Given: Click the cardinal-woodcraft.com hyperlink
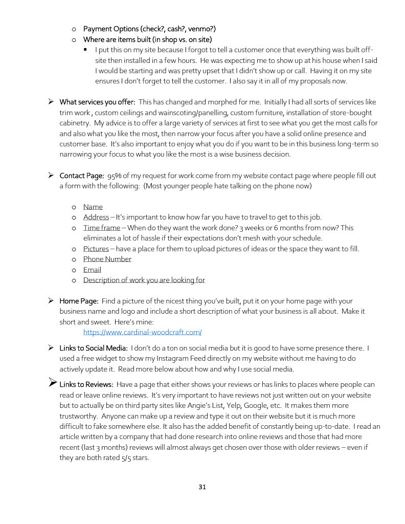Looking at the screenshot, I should [142, 332].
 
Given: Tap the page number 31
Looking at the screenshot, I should [202, 487].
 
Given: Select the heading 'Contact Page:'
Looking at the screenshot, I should [82, 176].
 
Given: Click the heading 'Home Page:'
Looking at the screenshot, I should [79, 301].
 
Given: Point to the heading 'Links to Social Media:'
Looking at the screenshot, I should [93, 348].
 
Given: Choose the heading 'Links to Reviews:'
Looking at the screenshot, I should [86, 384].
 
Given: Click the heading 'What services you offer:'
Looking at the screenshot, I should [97, 102].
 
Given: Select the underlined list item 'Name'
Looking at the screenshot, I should [93, 207].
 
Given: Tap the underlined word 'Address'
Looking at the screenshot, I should [96, 217].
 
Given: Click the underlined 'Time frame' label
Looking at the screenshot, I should [102, 228].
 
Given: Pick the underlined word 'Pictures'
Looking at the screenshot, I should [96, 249].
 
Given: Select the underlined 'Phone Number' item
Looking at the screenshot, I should [107, 259].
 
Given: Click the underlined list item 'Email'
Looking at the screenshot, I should [92, 270].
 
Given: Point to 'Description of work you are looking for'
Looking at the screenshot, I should [144, 280].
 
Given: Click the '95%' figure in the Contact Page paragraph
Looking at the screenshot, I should [115, 176].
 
